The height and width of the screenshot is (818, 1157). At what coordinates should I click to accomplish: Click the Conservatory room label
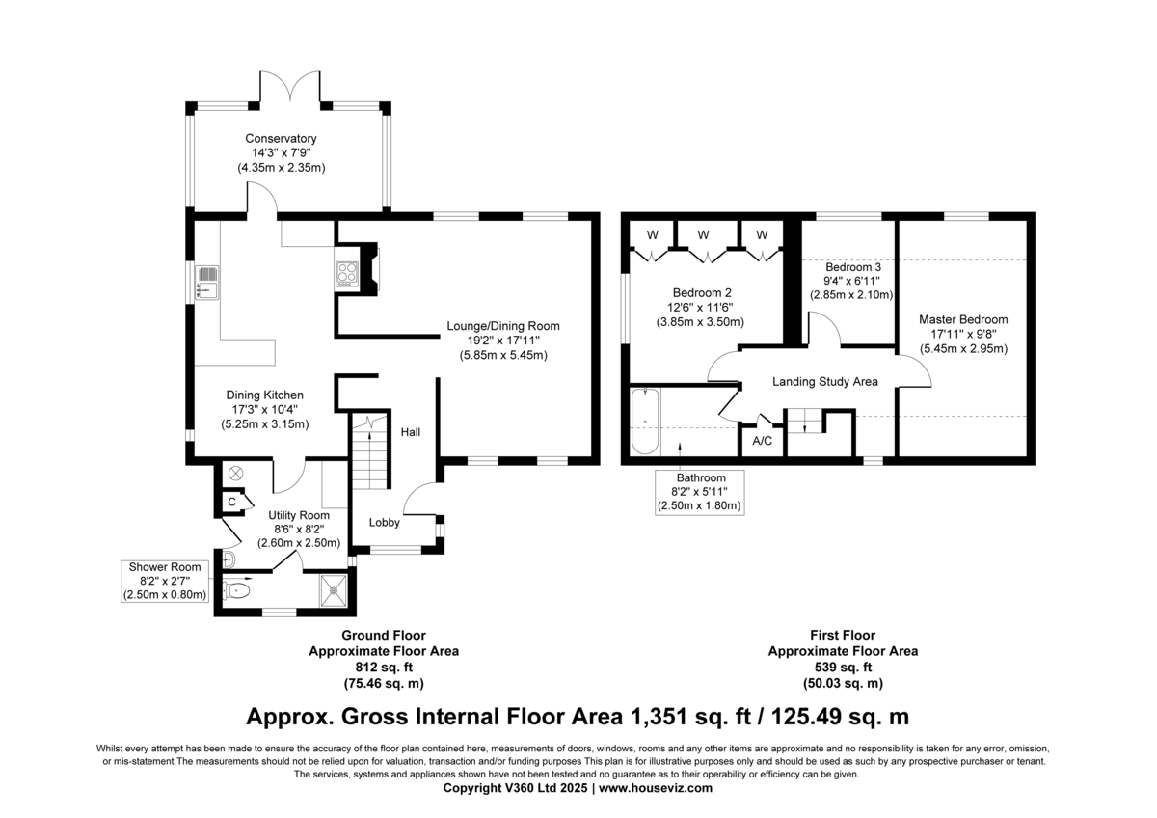click(x=281, y=139)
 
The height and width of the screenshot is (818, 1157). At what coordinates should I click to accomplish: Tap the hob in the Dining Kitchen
click(x=346, y=274)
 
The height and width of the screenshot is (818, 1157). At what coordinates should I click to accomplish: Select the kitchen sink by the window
click(x=207, y=283)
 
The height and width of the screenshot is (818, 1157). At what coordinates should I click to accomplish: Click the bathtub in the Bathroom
click(x=645, y=422)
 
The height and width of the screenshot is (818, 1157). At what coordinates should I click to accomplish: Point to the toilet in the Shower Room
click(x=236, y=590)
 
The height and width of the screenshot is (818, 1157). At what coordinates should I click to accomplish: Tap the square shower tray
click(x=334, y=590)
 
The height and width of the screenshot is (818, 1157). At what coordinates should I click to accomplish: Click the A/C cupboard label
click(x=763, y=441)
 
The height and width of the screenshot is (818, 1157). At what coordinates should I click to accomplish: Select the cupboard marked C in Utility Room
click(x=232, y=502)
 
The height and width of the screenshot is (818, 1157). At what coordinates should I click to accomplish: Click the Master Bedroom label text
click(x=963, y=319)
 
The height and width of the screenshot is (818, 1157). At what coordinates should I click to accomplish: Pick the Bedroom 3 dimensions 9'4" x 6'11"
click(x=851, y=281)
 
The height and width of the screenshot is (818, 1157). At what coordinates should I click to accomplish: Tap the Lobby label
click(x=385, y=523)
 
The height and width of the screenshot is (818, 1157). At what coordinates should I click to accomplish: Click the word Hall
click(x=411, y=432)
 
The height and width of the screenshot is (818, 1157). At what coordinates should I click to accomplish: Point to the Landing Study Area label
click(x=825, y=381)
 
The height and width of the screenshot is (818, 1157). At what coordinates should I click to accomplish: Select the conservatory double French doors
click(x=290, y=86)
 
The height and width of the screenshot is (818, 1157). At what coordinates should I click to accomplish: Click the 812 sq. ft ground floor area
click(x=384, y=668)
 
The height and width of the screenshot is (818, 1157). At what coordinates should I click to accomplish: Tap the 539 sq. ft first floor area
click(x=843, y=668)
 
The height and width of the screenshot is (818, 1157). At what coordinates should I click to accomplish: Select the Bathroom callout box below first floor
click(x=700, y=493)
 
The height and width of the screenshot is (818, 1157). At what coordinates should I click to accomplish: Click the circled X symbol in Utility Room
click(x=236, y=473)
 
